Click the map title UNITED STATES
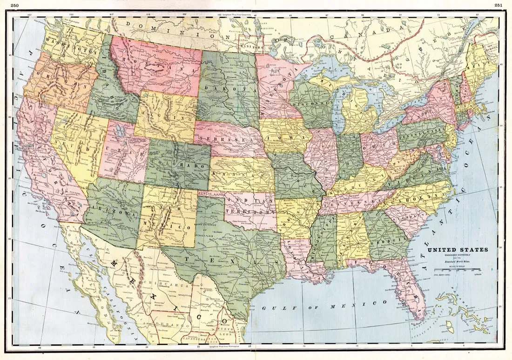coord(458,250)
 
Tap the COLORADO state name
coord(178,165)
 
